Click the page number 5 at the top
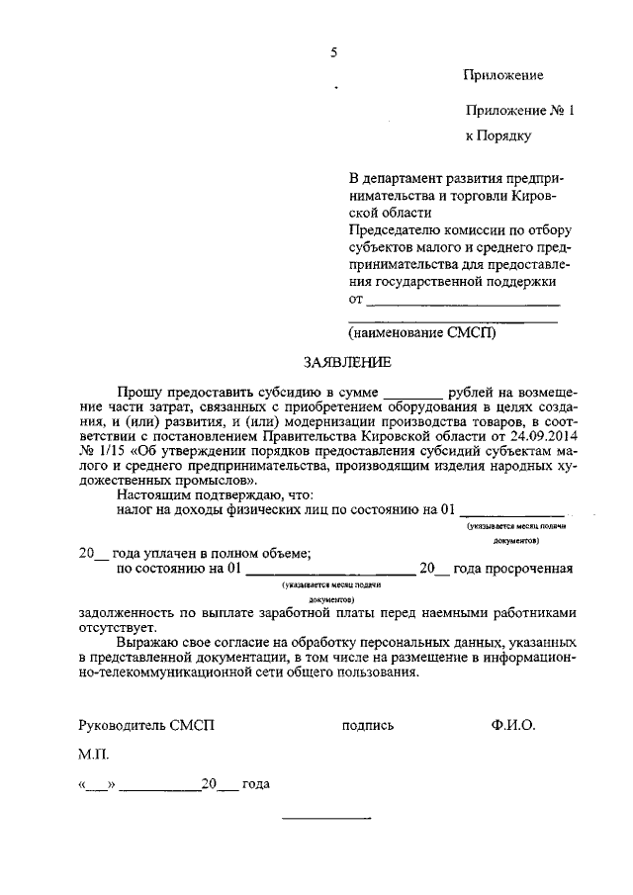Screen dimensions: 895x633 334,52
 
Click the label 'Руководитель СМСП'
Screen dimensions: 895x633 146,725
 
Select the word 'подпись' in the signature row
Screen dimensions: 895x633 368,725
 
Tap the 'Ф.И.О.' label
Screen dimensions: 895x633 512,725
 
